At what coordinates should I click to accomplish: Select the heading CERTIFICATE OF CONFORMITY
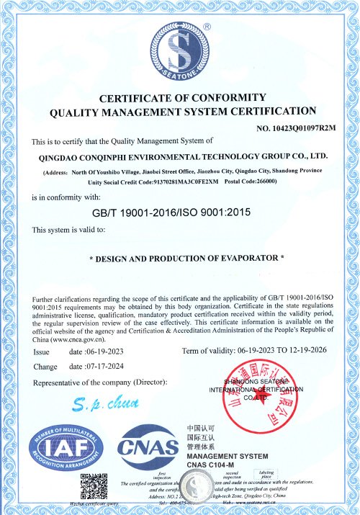(x=183, y=98)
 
